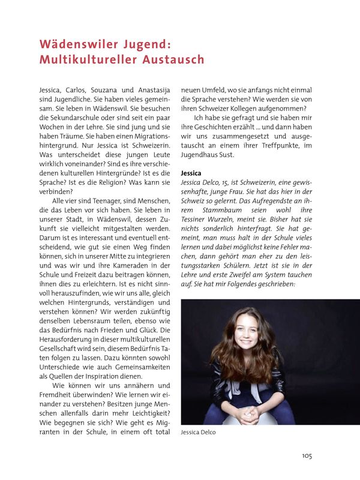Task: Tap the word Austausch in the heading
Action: (175, 59)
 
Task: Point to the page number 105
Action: (307, 455)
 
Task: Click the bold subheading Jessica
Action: (191, 173)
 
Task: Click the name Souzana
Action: (108, 90)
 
